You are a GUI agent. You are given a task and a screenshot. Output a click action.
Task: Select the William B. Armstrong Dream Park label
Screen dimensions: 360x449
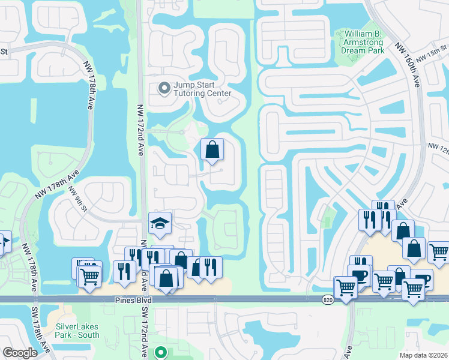(x=366, y=42)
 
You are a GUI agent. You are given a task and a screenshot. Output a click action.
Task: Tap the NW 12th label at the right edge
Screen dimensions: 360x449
(x=438, y=146)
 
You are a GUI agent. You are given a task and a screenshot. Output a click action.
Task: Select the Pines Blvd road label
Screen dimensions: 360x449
(x=131, y=299)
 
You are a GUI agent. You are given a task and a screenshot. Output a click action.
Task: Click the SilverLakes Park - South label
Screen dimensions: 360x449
(x=77, y=331)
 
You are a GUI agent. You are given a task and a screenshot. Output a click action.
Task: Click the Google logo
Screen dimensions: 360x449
(x=20, y=353)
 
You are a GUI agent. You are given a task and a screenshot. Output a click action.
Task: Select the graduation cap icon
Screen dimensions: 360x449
(x=160, y=223)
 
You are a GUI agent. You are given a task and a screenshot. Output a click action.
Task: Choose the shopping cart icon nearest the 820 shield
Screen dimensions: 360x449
(x=346, y=288)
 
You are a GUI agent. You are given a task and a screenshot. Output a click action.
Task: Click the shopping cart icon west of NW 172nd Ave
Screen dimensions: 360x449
(x=89, y=276)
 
